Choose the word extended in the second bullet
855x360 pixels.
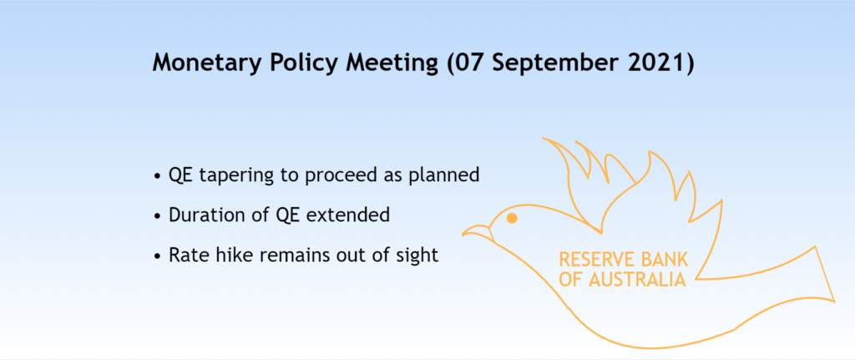pyautogui.click(x=348, y=215)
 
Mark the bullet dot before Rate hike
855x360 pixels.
pyautogui.click(x=158, y=256)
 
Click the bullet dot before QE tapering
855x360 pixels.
pyautogui.click(x=158, y=176)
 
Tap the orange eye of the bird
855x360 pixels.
pyautogui.click(x=512, y=218)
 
